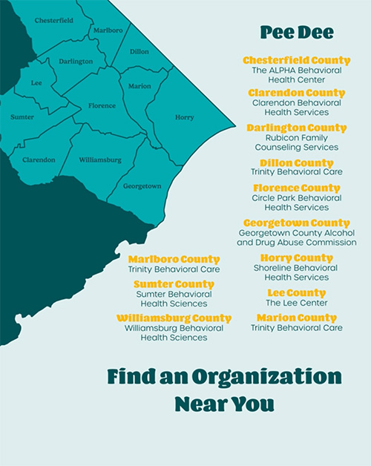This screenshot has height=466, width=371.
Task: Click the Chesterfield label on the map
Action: pos(53,21)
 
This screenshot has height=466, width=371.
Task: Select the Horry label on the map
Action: pos(184,117)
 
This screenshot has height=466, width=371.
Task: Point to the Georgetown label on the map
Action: pos(142,186)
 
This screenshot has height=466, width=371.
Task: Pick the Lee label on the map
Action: pos(36,83)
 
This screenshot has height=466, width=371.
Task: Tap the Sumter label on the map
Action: pos(22,117)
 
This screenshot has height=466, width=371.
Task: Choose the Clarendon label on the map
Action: pos(39,160)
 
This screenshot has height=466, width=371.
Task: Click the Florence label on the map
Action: pos(102,106)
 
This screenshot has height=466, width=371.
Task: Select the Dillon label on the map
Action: pos(139,52)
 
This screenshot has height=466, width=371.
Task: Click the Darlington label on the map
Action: pos(76,62)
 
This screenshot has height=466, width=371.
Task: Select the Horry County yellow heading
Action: pos(295,258)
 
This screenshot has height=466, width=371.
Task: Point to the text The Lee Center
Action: pos(296,303)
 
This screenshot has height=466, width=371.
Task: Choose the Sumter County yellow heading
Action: pos(174,284)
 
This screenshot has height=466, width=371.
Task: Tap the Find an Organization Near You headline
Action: pos(224,390)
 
